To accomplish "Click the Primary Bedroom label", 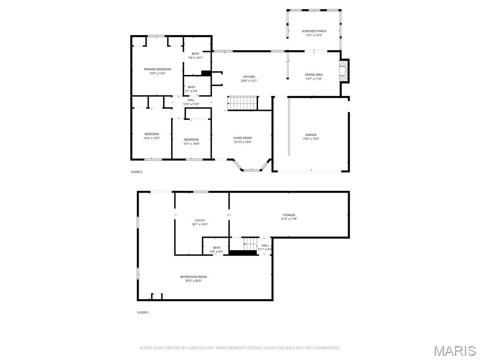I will (157, 69).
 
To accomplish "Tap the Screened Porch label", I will (314, 31).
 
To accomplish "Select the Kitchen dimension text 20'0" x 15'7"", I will (249, 81).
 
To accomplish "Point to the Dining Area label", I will (314, 75).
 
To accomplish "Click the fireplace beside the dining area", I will (345, 71).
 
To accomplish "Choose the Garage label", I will (311, 135).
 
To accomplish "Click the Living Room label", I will (242, 138).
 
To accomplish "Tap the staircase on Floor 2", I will (243, 103).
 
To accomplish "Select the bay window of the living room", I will (252, 166).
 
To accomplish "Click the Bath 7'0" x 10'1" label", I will (195, 54).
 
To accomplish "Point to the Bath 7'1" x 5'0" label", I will (192, 87).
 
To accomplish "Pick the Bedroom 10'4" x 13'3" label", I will (151, 134).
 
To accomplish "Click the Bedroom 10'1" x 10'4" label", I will (191, 140).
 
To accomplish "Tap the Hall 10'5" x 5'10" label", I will (191, 100).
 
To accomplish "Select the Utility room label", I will (200, 220).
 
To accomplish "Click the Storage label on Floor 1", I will (289, 215).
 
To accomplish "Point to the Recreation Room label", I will (193, 277).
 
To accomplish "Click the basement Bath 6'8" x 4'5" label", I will (217, 248).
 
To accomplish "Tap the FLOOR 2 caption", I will (136, 172).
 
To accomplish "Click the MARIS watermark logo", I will (454, 351).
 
